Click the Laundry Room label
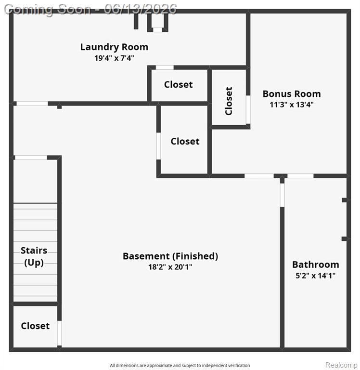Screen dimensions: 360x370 pyautogui.click(x=114, y=47)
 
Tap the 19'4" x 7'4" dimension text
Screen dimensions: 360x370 pyautogui.click(x=114, y=58)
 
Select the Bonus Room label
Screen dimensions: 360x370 pyautogui.click(x=292, y=94)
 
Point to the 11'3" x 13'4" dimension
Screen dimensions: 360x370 pyautogui.click(x=292, y=105)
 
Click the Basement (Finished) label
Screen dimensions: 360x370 pyautogui.click(x=170, y=256)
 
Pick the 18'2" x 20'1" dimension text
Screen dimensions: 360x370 pyautogui.click(x=170, y=267)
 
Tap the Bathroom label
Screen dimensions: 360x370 pyautogui.click(x=315, y=265)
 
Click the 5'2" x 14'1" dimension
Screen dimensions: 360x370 pyautogui.click(x=315, y=276)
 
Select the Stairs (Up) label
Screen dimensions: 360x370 pyautogui.click(x=34, y=256)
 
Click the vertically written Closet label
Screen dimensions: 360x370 pyautogui.click(x=229, y=101)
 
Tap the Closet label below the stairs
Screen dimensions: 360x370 pyautogui.click(x=35, y=326)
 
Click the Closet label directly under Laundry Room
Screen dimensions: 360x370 pyautogui.click(x=179, y=84)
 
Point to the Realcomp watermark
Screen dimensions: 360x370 pyautogui.click(x=341, y=365)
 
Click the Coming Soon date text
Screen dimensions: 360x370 pyautogui.click(x=90, y=10)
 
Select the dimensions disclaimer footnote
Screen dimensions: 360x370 pyautogui.click(x=180, y=366)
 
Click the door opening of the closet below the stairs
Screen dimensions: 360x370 pyautogui.click(x=59, y=333)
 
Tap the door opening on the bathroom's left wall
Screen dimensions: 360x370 pyautogui.click(x=282, y=195)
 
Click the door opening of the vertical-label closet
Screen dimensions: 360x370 pyautogui.click(x=248, y=109)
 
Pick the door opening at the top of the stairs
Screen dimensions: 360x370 pyautogui.click(x=31, y=158)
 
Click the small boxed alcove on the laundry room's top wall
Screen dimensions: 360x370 pyautogui.click(x=157, y=23)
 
